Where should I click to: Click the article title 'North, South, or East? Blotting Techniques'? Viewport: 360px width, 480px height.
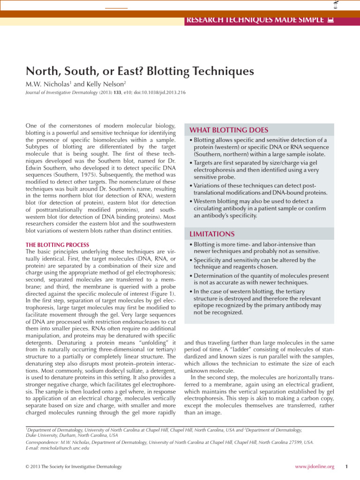click(x=139, y=72)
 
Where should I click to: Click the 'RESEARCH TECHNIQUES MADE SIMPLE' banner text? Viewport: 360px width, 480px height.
click(x=255, y=20)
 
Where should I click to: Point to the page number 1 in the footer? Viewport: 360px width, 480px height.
click(x=345, y=467)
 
